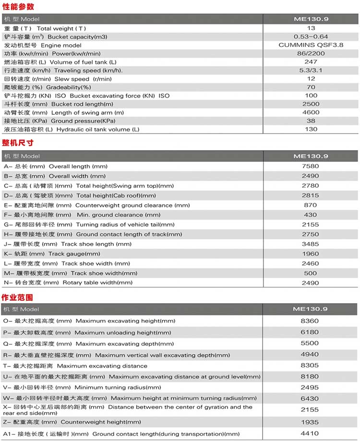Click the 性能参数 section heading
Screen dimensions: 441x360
[18, 7]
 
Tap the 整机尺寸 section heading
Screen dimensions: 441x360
[18, 143]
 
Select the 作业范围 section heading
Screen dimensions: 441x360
[18, 297]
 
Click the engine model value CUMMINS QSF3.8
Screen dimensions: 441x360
[311, 45]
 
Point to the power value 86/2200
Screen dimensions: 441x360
[311, 53]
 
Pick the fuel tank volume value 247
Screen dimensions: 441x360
[311, 62]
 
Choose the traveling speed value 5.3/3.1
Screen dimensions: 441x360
[311, 70]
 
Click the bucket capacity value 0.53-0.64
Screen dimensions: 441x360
[311, 37]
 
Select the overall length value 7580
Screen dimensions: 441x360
[311, 166]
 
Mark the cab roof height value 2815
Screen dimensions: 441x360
[311, 196]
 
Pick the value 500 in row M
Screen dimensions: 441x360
[311, 273]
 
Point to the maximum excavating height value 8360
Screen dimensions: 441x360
[310, 321]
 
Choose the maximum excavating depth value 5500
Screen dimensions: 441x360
[310, 343]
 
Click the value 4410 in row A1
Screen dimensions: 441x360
[310, 434]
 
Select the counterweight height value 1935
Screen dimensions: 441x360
[310, 422]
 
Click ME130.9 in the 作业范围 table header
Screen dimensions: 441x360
[311, 309]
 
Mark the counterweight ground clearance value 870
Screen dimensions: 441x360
[311, 205]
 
